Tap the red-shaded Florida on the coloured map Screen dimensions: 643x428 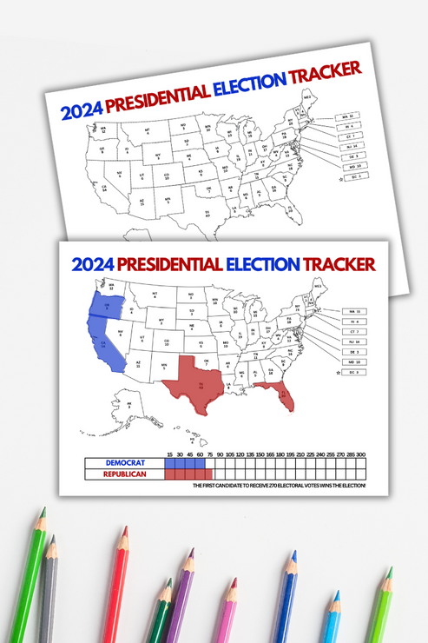pos(282,395)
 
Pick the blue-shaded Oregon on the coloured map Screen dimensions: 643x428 pos(105,305)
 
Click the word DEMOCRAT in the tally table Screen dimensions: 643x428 pos(124,462)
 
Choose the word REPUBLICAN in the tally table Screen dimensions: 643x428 pos(124,474)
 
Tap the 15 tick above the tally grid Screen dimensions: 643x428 pos(168,454)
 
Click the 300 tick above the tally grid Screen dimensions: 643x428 pos(360,454)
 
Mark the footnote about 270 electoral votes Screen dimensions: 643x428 pos(280,486)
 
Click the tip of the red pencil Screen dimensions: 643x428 pos(125,531)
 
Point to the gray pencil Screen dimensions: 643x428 pos(49,591)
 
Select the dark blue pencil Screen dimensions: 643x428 pos(284,600)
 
